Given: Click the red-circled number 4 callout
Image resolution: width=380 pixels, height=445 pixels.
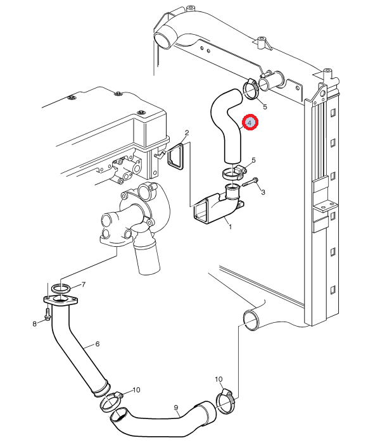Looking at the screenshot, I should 250,122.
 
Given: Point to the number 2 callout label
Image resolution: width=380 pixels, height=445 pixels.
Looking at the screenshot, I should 187,133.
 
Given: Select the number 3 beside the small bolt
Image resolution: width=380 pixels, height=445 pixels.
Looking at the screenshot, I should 262,191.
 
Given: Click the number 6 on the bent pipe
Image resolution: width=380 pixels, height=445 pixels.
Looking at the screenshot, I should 98,344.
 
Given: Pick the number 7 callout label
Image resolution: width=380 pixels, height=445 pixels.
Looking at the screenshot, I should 83,284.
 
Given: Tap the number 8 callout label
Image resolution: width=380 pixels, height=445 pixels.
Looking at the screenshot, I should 35,324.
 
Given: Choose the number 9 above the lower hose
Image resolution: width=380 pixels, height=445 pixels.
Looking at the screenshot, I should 176,408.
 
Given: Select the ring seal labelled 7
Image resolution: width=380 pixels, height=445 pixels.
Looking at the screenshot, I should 61,289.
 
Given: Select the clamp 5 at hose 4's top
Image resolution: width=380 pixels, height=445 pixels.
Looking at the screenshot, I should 250,91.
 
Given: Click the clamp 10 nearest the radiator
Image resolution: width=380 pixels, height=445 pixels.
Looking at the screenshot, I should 225,401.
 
